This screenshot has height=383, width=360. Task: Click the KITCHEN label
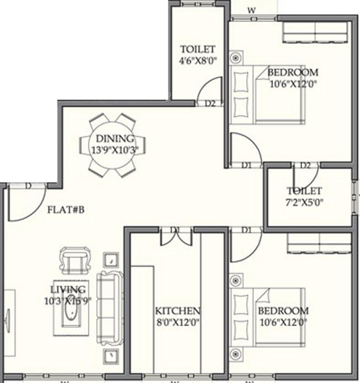tap(177, 310)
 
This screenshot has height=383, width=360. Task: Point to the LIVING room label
tap(68, 290)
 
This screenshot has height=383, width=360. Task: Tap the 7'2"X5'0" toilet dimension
tap(304, 203)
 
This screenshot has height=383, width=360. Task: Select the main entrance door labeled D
tap(28, 186)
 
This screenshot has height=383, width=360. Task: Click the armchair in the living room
tap(74, 260)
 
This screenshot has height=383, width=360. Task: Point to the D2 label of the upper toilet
tap(210, 104)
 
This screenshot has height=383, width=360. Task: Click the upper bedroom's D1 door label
tap(246, 165)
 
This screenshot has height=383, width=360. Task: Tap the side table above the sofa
tap(110, 260)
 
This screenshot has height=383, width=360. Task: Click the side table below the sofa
tap(110, 356)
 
